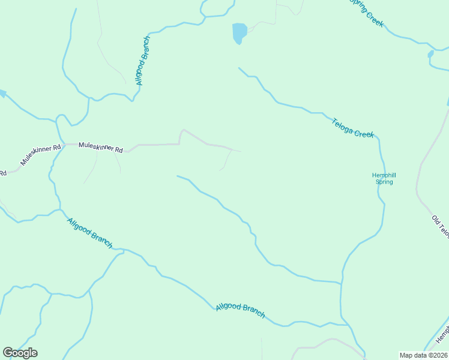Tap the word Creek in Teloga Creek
[x=364, y=133]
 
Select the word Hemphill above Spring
[x=384, y=175]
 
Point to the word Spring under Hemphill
[x=384, y=182]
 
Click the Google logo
[x=20, y=353]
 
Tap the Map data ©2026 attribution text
[x=424, y=355]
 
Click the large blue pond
[x=239, y=33]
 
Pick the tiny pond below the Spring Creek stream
[x=430, y=54]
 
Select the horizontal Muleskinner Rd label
[x=101, y=146]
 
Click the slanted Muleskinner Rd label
[x=41, y=155]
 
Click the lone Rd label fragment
[x=3, y=173]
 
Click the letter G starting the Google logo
[x=8, y=353]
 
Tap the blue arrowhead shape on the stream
[x=2, y=94]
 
